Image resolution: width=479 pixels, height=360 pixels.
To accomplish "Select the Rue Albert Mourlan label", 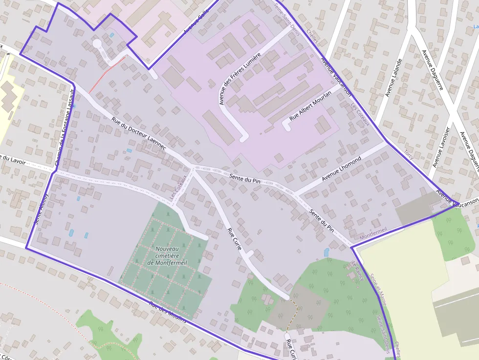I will (310, 106).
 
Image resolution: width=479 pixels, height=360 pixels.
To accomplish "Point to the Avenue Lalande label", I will (393, 78).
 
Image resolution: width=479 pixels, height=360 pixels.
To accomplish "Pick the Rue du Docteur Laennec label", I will (139, 133).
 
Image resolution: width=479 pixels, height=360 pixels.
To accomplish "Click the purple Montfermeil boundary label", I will (373, 233).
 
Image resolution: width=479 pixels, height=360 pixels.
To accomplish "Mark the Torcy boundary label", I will (409, 154).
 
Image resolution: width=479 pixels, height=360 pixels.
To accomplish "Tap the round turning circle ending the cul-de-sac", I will (97, 44).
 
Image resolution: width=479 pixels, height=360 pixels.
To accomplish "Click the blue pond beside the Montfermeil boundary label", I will (326, 252).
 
